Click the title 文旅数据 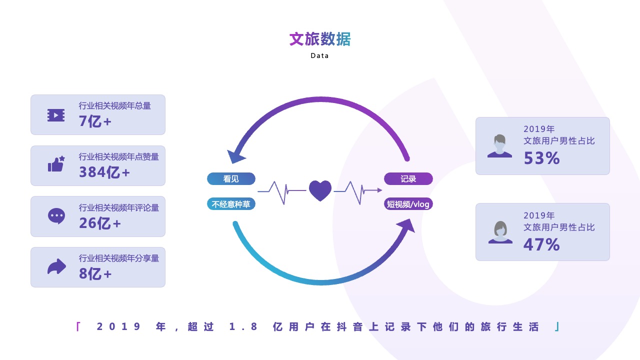(320, 39)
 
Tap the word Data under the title (319, 55)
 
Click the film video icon (56, 115)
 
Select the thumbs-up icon (56, 164)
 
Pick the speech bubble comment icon (56, 216)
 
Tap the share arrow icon (56, 266)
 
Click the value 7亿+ (95, 121)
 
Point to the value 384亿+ (104, 172)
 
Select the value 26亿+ (99, 223)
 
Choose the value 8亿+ (95, 273)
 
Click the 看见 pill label (231, 179)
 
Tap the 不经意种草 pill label (231, 204)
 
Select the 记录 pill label (408, 179)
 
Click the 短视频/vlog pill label (408, 204)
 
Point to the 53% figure (541, 158)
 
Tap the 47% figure (541, 245)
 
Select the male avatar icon (499, 146)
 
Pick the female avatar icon (500, 232)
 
